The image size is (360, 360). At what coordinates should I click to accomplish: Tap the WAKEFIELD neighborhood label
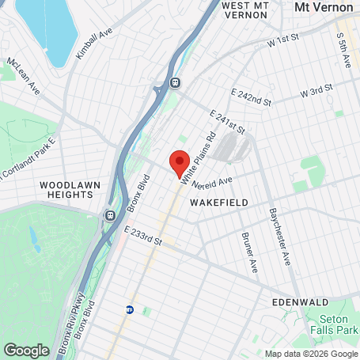click(x=219, y=203)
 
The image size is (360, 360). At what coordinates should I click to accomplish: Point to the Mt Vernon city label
click(x=323, y=6)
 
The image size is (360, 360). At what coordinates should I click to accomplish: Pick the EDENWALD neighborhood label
click(x=295, y=303)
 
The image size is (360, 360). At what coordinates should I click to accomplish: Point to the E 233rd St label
click(x=142, y=235)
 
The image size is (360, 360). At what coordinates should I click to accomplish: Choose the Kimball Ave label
click(x=96, y=47)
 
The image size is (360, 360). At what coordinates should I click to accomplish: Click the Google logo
click(x=26, y=350)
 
